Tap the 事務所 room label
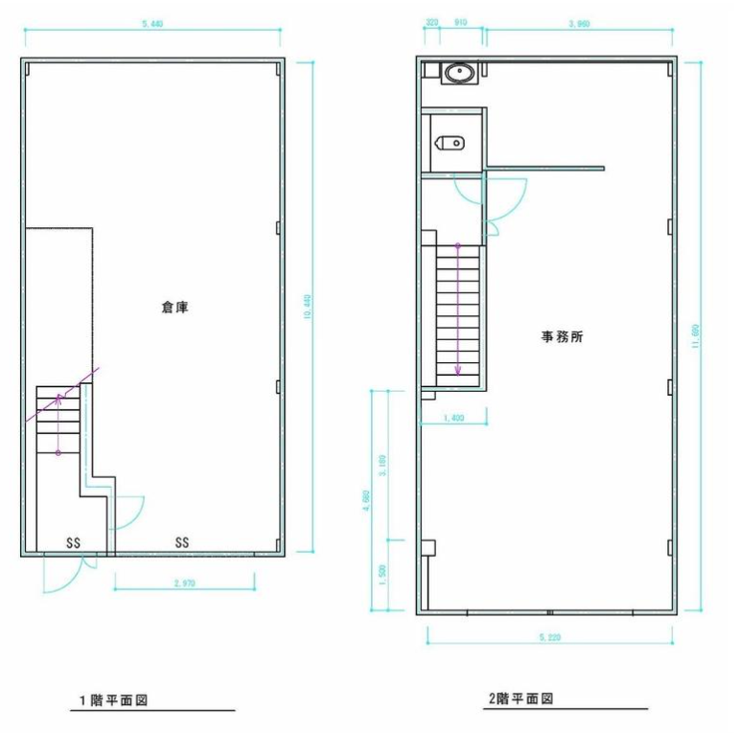564,337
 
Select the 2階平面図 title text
520,699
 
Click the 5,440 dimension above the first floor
151,24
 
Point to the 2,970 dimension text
184,583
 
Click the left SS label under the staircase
73,542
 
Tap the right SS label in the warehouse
181,542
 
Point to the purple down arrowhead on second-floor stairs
457,372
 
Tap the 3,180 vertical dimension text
383,467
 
